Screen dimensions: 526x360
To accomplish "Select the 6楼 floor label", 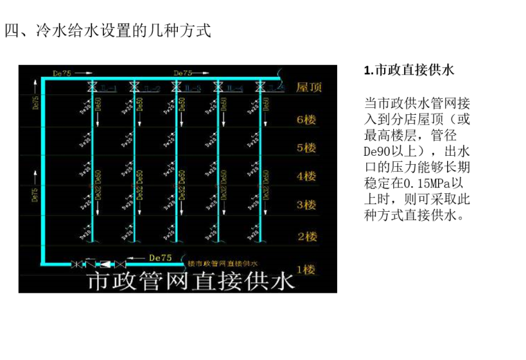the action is (x=306, y=119).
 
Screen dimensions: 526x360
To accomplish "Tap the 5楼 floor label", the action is (x=306, y=147).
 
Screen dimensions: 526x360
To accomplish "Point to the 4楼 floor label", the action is (x=306, y=176).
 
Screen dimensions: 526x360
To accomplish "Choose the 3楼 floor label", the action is (x=306, y=205).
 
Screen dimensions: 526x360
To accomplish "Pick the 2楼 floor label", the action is (x=306, y=237).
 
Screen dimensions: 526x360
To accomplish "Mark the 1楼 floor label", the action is (x=306, y=269).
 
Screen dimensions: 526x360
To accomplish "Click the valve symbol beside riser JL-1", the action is (x=91, y=87).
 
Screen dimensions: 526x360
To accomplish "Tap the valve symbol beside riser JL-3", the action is (x=176, y=87).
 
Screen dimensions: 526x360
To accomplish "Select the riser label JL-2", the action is (x=152, y=89).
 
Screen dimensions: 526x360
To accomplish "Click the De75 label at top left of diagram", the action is (x=62, y=72).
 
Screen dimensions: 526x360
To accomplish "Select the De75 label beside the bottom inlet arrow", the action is (x=160, y=258).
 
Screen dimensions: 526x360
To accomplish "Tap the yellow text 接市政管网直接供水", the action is (x=222, y=264).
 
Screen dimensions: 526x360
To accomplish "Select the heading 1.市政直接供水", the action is (x=408, y=71).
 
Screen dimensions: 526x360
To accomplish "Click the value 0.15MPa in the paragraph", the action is (x=428, y=183).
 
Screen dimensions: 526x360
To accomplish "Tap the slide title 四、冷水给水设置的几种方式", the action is (x=107, y=31).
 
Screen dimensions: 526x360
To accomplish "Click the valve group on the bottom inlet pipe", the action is (x=98, y=264).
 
